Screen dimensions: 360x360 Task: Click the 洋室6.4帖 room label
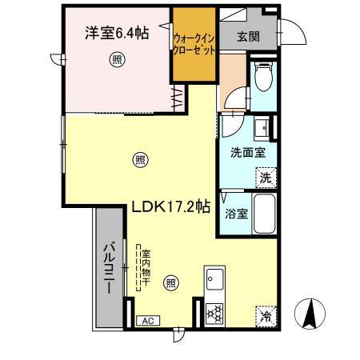point(117,34)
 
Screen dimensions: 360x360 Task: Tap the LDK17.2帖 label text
point(170,206)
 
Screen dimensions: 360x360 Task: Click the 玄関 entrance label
point(249,36)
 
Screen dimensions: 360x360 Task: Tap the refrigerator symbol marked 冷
point(265,315)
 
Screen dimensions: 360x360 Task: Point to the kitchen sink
point(215,281)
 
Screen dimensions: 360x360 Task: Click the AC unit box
point(147,321)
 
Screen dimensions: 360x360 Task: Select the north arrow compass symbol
point(310,314)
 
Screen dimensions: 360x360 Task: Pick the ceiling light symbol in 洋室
point(117,59)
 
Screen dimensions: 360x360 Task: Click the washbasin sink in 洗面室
point(261,127)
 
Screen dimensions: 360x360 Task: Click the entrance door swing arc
point(292,33)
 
